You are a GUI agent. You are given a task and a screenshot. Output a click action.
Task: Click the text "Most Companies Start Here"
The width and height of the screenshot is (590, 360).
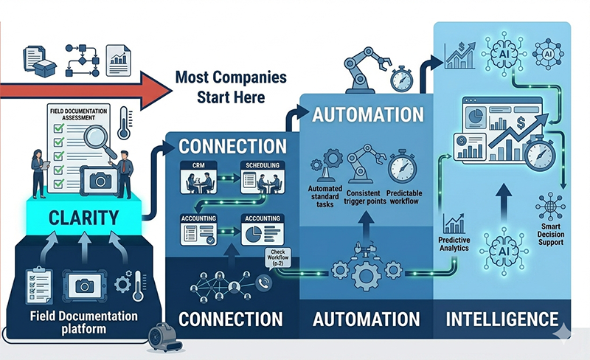pos(221,87)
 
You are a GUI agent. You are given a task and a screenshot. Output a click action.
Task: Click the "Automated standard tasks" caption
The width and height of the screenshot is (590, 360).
pos(324,195)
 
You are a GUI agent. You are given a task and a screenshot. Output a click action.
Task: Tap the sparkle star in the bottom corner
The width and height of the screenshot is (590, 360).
pos(564,336)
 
